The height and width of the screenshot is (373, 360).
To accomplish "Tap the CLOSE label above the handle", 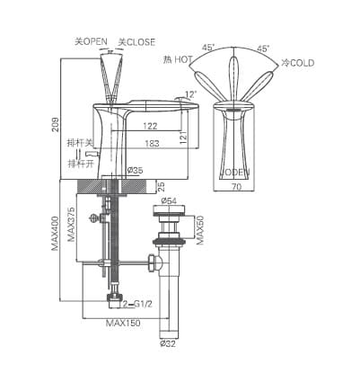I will pos(138,41).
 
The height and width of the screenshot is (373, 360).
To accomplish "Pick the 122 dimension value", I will pos(148,128).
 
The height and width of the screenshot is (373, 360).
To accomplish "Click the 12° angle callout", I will pos(189,94).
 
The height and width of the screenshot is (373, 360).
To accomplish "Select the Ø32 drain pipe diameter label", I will pos(167,342).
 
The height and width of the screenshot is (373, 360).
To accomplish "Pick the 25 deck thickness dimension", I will pos(161,187).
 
